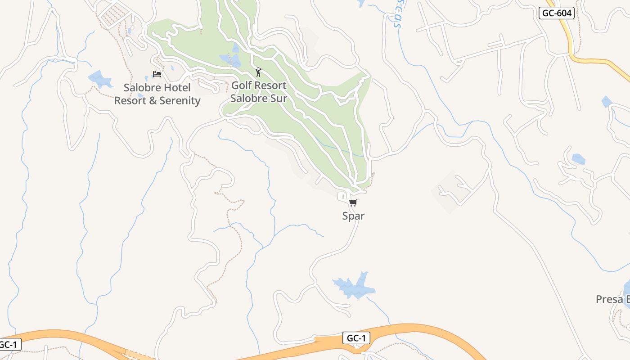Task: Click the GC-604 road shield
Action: [557, 13]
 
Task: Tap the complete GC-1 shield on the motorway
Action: [356, 338]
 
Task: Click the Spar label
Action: [353, 216]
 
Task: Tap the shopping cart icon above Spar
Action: [353, 203]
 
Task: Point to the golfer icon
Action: [258, 72]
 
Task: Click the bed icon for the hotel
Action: [157, 74]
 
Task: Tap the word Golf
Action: [242, 85]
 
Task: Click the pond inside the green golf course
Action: [230, 59]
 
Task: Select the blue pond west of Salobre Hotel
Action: [100, 79]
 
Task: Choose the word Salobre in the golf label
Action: [247, 98]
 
